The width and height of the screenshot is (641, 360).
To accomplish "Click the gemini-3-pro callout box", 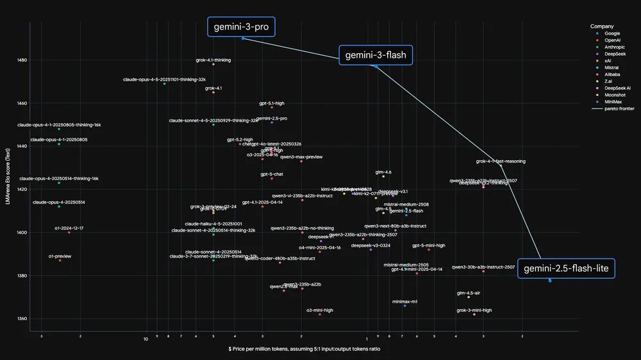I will [x=241, y=27].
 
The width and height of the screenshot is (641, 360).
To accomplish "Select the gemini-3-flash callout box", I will [x=376, y=55].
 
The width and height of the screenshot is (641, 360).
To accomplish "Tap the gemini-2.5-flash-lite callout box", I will [x=566, y=269].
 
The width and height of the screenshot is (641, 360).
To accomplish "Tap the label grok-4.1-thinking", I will [x=213, y=60].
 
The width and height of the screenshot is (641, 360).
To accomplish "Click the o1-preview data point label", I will [x=60, y=256].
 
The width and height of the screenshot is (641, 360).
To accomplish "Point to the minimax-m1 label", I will [x=405, y=301].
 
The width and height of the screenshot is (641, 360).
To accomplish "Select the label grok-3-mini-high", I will [x=474, y=310].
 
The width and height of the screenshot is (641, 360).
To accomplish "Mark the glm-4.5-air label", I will [x=469, y=293].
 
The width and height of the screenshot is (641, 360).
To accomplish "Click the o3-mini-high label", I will [x=320, y=310].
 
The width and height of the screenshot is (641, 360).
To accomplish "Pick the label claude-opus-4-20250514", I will [x=59, y=202].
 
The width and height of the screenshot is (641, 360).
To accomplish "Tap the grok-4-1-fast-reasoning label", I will [x=501, y=161].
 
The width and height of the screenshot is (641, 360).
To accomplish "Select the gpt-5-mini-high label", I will [x=429, y=245].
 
